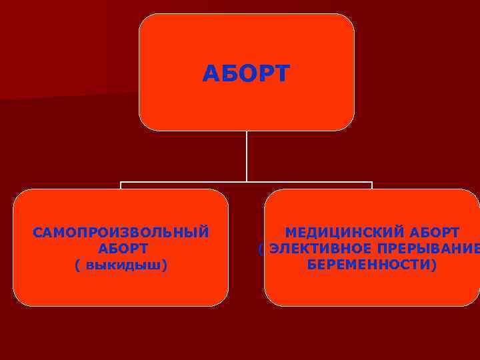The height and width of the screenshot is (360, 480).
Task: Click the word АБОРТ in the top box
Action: coord(246,74)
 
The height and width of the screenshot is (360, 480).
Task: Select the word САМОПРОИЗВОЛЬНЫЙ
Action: coord(121,233)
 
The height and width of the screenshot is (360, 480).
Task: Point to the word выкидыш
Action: coord(125,265)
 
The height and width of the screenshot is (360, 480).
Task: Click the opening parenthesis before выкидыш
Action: coord(78,265)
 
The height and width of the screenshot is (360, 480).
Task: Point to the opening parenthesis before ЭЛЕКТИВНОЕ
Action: coord(261,249)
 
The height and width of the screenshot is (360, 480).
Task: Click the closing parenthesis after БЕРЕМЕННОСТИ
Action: coord(434,265)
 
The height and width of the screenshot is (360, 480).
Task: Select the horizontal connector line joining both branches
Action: coord(200,181)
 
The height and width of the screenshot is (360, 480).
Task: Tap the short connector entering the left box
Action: coord(121,185)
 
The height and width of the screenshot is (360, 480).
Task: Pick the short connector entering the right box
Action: coord(372,185)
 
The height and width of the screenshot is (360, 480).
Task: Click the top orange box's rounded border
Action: coord(247,15)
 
